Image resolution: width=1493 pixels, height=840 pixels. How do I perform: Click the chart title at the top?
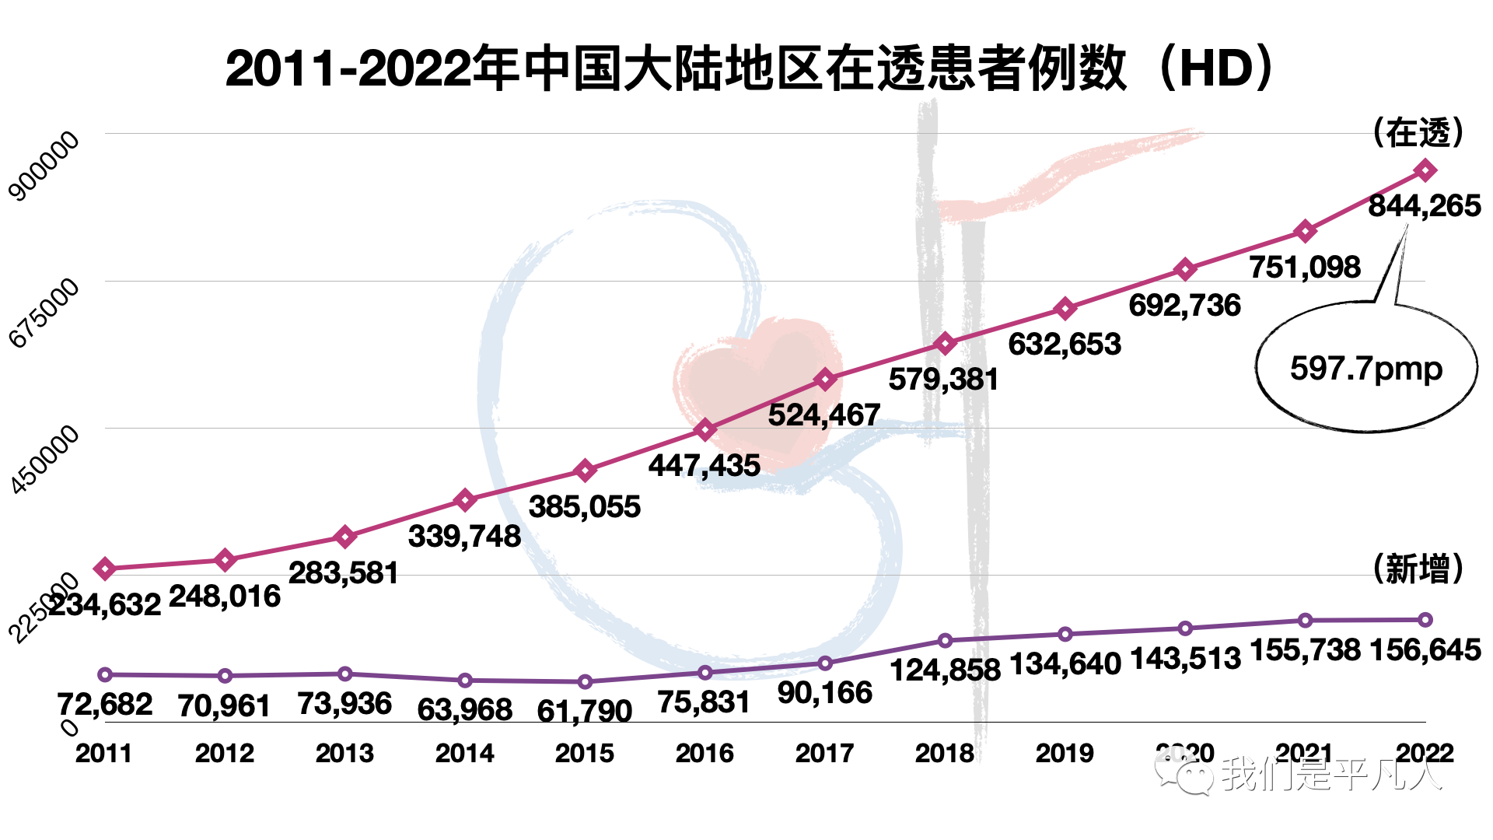click(x=750, y=68)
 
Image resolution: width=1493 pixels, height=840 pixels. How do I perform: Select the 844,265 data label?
click(x=1425, y=206)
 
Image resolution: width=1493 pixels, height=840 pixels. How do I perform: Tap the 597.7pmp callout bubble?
click(x=1366, y=368)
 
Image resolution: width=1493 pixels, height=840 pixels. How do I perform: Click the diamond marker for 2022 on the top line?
click(x=1425, y=170)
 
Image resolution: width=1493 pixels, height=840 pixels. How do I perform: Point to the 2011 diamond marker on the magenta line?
click(x=105, y=569)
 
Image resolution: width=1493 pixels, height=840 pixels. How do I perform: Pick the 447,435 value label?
click(x=705, y=466)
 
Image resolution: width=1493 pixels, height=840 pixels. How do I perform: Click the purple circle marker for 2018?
click(x=945, y=641)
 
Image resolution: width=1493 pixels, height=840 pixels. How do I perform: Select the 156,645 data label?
click(x=1425, y=650)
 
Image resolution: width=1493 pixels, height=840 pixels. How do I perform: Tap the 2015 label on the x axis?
click(x=585, y=753)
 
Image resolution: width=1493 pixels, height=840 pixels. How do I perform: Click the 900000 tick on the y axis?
click(x=44, y=166)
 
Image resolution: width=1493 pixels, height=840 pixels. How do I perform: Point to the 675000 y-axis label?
click(x=44, y=312)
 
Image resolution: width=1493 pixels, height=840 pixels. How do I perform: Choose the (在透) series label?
click(x=1418, y=133)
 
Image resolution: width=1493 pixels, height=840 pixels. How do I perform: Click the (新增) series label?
click(x=1418, y=569)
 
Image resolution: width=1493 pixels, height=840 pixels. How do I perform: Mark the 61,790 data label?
click(x=585, y=711)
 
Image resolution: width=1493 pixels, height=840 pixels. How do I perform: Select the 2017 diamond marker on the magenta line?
click(x=825, y=380)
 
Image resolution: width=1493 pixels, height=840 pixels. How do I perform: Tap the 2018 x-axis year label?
click(x=945, y=753)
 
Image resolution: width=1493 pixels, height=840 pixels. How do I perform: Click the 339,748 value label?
click(x=464, y=537)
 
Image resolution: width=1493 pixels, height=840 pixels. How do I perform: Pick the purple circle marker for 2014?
click(x=465, y=681)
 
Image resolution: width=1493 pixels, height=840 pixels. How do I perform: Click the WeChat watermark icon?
click(x=1184, y=773)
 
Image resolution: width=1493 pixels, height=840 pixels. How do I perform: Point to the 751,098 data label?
click(x=1305, y=268)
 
